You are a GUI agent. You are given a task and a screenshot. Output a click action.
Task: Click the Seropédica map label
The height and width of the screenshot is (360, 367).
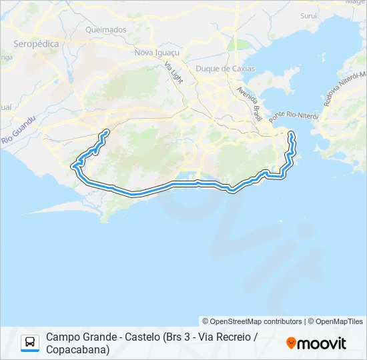[x=36, y=43]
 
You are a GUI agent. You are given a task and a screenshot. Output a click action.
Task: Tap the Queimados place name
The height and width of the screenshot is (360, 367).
[x=105, y=30]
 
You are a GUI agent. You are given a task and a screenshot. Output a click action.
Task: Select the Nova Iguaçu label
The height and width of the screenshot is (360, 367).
[x=157, y=52]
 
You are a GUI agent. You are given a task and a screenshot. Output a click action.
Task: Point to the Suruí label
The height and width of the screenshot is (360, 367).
[x=309, y=15]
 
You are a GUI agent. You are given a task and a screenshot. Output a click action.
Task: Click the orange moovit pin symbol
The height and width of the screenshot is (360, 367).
[x=291, y=343]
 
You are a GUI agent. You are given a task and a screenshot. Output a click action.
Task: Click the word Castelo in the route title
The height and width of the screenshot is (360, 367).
[x=138, y=337]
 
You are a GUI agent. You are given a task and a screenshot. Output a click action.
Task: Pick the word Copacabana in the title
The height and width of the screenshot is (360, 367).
[x=78, y=349]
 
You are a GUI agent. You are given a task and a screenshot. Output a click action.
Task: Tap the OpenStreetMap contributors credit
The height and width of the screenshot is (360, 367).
[x=252, y=321]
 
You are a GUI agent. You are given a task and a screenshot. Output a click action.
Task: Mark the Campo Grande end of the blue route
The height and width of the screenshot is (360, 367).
[x=107, y=131]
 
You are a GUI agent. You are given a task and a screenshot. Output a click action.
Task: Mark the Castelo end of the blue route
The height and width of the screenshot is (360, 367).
[x=291, y=135]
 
